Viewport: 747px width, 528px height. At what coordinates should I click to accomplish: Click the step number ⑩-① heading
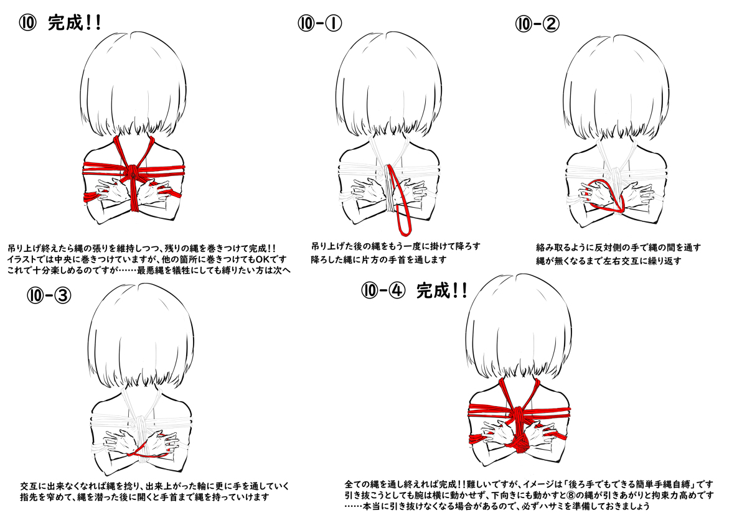tap(319, 24)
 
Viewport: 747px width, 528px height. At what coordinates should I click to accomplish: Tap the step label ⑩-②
tap(537, 24)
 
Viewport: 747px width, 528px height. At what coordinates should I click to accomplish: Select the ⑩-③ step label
tap(49, 295)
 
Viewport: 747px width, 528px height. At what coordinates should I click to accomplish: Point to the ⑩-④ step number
tap(383, 290)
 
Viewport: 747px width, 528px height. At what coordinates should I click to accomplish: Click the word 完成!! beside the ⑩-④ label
tap(441, 291)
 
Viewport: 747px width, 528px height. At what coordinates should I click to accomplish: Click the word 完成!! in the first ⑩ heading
tap(74, 23)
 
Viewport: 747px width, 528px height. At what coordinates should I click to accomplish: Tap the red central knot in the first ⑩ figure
tap(133, 172)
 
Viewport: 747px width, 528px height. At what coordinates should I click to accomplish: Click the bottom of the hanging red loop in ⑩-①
tap(404, 232)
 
